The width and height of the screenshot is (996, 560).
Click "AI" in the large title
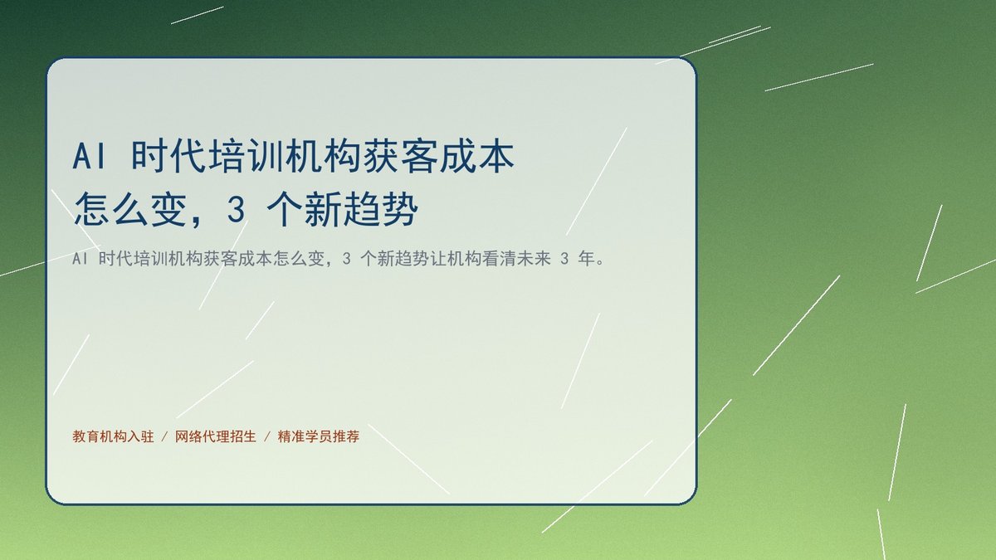click(90, 157)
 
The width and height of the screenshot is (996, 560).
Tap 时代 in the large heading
click(168, 157)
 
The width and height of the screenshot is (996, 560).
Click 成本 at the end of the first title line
click(477, 157)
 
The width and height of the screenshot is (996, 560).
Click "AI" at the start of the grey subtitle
click(80, 259)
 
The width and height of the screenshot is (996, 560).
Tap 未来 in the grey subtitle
click(533, 259)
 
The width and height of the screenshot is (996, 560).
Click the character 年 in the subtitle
click(586, 259)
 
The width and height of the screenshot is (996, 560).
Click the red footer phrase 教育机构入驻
click(113, 437)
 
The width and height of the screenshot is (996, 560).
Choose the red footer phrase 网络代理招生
click(216, 437)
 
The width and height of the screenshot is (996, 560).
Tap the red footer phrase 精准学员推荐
click(319, 437)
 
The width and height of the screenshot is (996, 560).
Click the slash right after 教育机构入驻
click(164, 437)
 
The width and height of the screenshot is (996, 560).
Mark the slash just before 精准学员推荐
click(267, 437)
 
